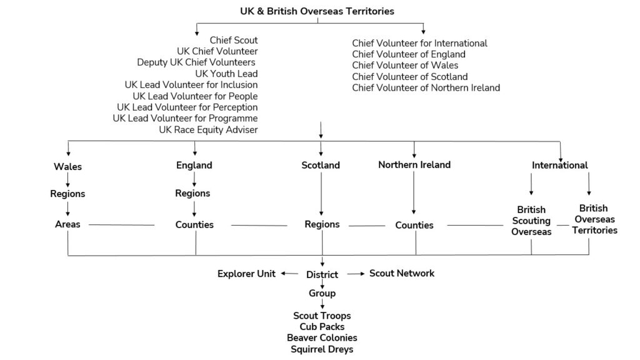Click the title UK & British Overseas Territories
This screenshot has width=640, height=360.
[x=317, y=11]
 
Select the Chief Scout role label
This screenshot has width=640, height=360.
[x=233, y=41]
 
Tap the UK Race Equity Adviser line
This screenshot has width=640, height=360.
[x=208, y=129]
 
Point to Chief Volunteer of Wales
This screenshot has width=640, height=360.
[x=404, y=66]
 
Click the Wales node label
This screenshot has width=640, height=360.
[x=67, y=167]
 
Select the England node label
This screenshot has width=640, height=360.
[x=194, y=166]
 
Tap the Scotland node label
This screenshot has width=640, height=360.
[x=321, y=166]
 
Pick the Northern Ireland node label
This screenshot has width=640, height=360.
[x=414, y=165]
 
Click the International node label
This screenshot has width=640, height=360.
[x=559, y=166]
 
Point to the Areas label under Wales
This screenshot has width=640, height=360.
[x=67, y=224]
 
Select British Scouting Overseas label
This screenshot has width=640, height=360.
[x=531, y=221]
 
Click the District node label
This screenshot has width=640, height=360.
[x=322, y=274]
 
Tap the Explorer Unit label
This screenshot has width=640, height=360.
[x=246, y=274]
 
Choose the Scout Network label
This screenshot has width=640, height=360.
[x=401, y=273]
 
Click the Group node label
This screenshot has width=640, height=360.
[x=322, y=293]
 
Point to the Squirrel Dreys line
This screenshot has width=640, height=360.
[x=321, y=349]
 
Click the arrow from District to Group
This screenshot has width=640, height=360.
[x=322, y=284]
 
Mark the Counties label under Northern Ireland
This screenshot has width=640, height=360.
[x=414, y=225]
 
